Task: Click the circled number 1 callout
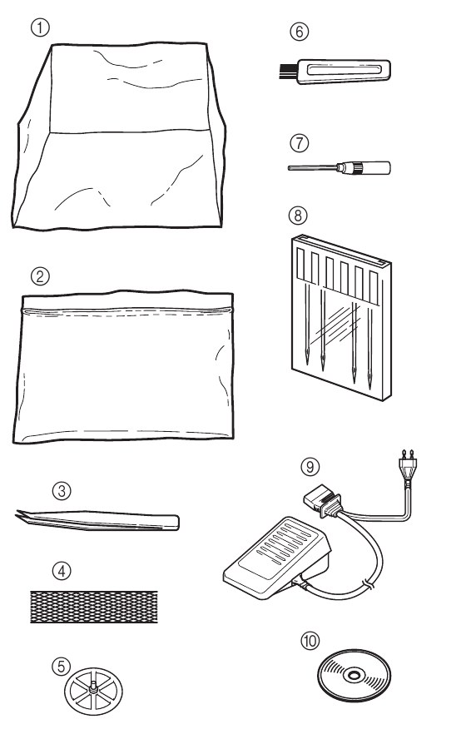[40, 27]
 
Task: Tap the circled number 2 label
[40, 276]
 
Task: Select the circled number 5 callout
[61, 666]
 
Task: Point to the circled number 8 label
[298, 215]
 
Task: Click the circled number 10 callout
[310, 641]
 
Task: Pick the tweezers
[97, 520]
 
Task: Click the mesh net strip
[93, 607]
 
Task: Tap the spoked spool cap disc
[93, 692]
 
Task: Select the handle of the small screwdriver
[372, 167]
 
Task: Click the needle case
[341, 317]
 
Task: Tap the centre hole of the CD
[354, 675]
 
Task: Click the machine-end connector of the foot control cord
[322, 503]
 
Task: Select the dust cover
[118, 136]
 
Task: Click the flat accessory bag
[123, 366]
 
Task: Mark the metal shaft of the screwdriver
[313, 167]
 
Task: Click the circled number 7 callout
[300, 143]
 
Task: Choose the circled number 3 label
[62, 490]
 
